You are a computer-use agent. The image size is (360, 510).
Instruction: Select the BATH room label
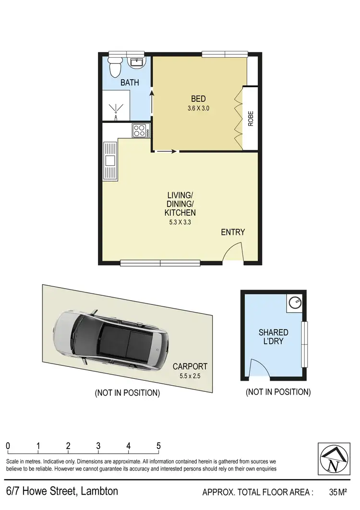pyautogui.click(x=130, y=83)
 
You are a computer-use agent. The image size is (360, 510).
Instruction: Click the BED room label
pyautogui.click(x=198, y=99)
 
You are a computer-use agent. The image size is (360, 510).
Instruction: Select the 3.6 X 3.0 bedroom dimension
pyautogui.click(x=198, y=109)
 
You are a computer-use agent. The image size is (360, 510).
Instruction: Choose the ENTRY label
pyautogui.click(x=233, y=232)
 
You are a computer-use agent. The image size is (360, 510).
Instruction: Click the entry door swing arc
pyautogui.click(x=234, y=252)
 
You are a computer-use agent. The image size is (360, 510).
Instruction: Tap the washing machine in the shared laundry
pyautogui.click(x=294, y=303)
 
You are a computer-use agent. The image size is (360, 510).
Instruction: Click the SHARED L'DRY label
pyautogui.click(x=273, y=336)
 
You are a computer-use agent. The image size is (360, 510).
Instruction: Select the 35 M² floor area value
pyautogui.click(x=338, y=492)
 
